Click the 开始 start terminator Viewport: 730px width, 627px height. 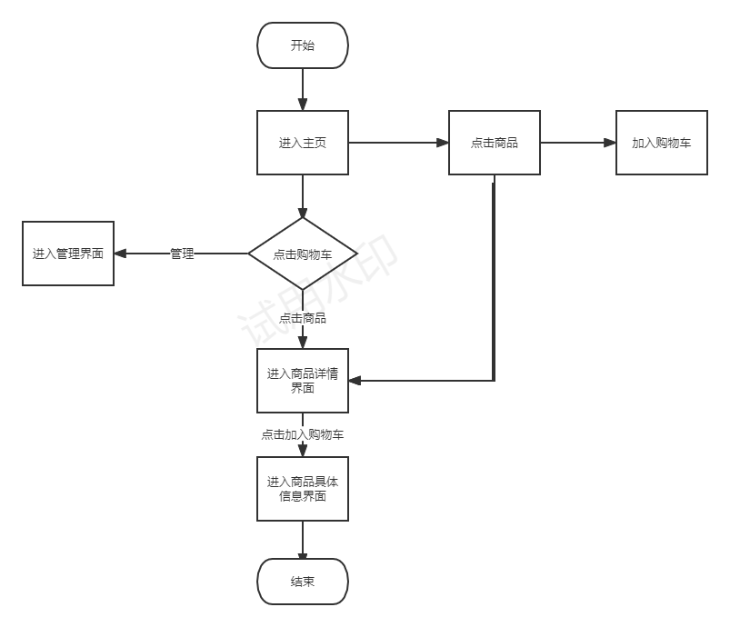pos(303,45)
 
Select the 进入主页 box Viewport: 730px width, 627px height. pos(303,143)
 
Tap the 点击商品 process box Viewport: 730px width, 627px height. pos(495,143)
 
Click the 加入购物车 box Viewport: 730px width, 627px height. pos(661,143)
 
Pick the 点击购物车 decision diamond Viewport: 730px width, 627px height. pos(303,254)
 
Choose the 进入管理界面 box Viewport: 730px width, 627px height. pos(68,254)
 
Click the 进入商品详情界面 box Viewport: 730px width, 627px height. pos(303,380)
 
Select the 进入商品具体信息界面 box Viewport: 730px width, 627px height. pos(303,489)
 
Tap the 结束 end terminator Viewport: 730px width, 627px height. pos(303,582)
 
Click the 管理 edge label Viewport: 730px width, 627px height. pos(182,254)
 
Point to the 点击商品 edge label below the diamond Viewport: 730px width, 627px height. pos(303,318)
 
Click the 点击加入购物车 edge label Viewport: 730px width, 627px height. pos(303,434)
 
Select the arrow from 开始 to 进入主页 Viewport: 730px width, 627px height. pos(303,89)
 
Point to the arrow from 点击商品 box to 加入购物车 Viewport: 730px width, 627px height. pos(577,143)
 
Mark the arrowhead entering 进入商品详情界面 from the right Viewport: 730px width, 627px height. pos(355,380)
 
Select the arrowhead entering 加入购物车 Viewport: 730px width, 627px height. pos(610,143)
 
